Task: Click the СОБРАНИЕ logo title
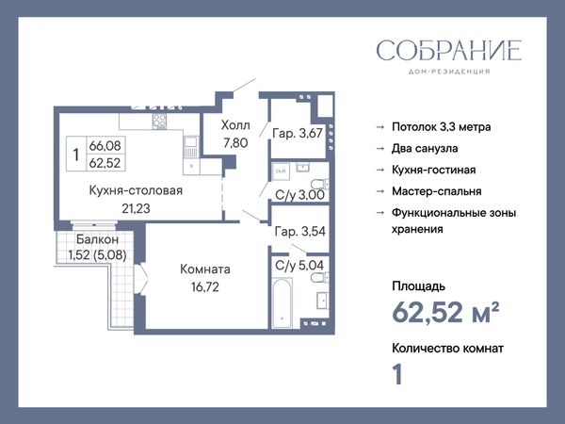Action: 449,50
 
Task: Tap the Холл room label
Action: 235,125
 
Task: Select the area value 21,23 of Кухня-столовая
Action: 136,208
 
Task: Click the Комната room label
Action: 205,269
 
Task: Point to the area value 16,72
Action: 205,287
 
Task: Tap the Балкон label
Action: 97,239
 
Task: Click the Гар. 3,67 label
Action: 298,134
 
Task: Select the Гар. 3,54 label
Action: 299,231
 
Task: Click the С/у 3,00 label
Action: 299,195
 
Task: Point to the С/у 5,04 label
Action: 299,266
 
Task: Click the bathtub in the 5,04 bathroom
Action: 282,302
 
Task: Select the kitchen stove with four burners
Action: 159,122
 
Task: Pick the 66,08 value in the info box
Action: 105,146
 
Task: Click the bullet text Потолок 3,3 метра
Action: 442,127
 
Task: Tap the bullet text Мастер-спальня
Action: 437,191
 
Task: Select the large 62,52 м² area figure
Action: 445,312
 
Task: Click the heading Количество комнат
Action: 447,349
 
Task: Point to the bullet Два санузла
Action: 425,149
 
